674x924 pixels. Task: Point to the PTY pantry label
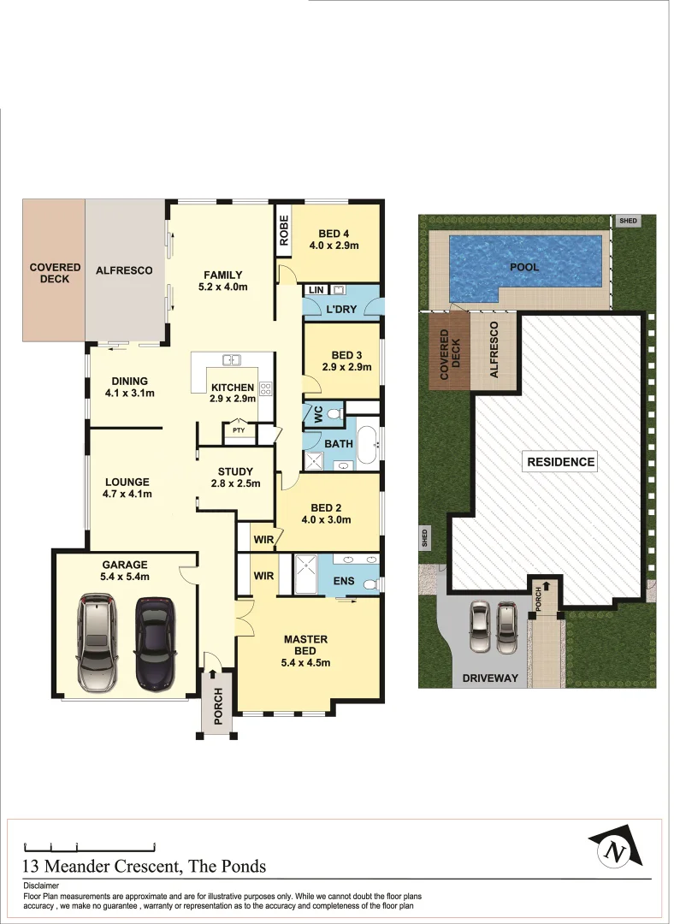pyautogui.click(x=239, y=430)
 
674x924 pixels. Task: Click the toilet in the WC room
pyautogui.click(x=334, y=413)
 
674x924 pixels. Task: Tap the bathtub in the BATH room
pyautogui.click(x=369, y=446)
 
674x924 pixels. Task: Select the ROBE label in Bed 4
pyautogui.click(x=284, y=229)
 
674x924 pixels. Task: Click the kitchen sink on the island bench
pyautogui.click(x=232, y=360)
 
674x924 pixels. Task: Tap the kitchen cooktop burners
pyautogui.click(x=265, y=389)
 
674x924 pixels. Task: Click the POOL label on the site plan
pyautogui.click(x=524, y=267)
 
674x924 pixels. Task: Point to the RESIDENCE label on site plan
pyautogui.click(x=560, y=462)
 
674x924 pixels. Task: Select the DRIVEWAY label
pyautogui.click(x=491, y=678)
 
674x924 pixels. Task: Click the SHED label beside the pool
pyautogui.click(x=628, y=221)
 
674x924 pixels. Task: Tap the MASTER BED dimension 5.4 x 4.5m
pyautogui.click(x=305, y=662)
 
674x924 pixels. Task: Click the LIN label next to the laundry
pyautogui.click(x=315, y=291)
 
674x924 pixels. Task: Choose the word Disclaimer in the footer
pyautogui.click(x=41, y=886)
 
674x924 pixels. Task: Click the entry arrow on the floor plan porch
pyautogui.click(x=212, y=676)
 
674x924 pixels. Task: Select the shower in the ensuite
pyautogui.click(x=305, y=574)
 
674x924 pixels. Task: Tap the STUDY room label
pyautogui.click(x=235, y=471)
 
